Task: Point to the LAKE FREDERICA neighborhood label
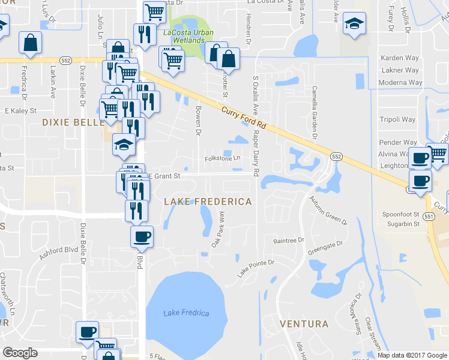[x=208, y=202]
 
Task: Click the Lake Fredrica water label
[x=186, y=313]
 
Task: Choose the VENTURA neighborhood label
[x=304, y=324]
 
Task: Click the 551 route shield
[x=429, y=215]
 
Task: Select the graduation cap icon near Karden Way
[x=354, y=24]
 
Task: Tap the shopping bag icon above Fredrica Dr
[x=30, y=42]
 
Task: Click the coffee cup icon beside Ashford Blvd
[x=142, y=236]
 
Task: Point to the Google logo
[x=20, y=353]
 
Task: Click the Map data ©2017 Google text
[x=412, y=355]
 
